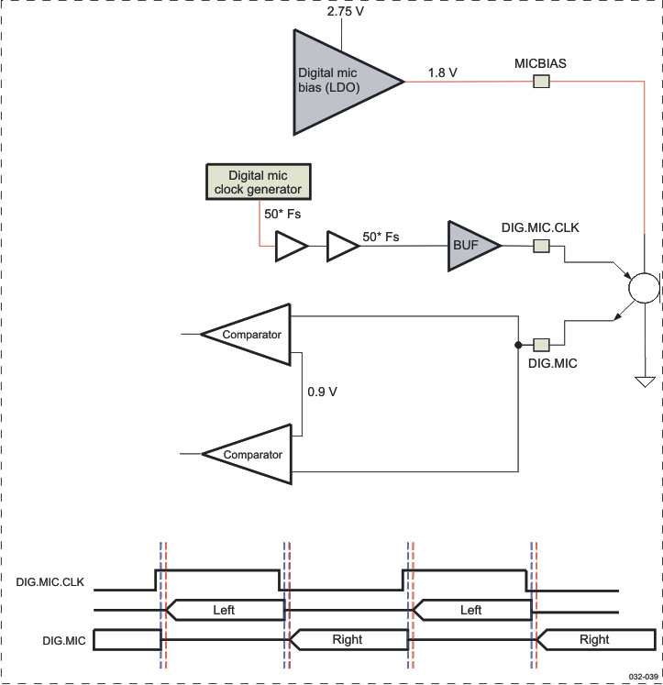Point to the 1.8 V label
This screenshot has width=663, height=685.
(x=442, y=72)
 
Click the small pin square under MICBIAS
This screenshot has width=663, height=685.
(x=542, y=82)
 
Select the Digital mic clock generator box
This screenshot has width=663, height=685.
(x=259, y=182)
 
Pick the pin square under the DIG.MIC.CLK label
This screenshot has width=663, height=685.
(x=542, y=246)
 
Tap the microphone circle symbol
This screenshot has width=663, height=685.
(x=645, y=288)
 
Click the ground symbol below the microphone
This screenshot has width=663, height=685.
(x=645, y=380)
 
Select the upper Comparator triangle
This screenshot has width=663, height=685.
(x=250, y=335)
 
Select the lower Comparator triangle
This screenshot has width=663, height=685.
(x=250, y=454)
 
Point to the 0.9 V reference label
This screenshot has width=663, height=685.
(x=322, y=392)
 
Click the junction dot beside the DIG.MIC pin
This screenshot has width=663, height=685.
(x=519, y=345)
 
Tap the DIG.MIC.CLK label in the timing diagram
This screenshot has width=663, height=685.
(x=51, y=581)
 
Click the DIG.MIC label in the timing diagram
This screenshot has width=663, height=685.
(x=64, y=640)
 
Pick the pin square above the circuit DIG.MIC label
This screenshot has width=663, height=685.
(x=542, y=345)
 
